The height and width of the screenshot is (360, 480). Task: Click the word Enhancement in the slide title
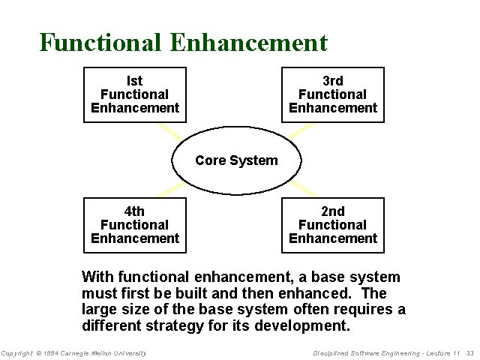pos(249,42)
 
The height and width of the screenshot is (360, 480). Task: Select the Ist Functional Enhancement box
pos(135,94)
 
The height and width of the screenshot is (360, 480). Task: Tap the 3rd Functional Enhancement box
pos(332,94)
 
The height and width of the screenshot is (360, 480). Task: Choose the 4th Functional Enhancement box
pos(135,225)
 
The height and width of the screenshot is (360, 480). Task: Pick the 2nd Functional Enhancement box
pos(332,225)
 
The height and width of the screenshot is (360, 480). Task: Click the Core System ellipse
pos(236,160)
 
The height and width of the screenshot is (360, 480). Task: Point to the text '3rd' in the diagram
pos(332,81)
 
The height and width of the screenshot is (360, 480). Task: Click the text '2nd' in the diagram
pos(332,211)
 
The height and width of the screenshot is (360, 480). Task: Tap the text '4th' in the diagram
pos(135,211)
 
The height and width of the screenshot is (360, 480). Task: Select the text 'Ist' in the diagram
pos(135,81)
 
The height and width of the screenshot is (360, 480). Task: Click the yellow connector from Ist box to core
pos(169,132)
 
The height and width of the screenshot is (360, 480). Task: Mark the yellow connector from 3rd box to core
pos(301,130)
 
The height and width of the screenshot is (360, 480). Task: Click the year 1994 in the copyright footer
pos(50,353)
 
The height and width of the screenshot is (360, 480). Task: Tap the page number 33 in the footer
pos(470,353)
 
